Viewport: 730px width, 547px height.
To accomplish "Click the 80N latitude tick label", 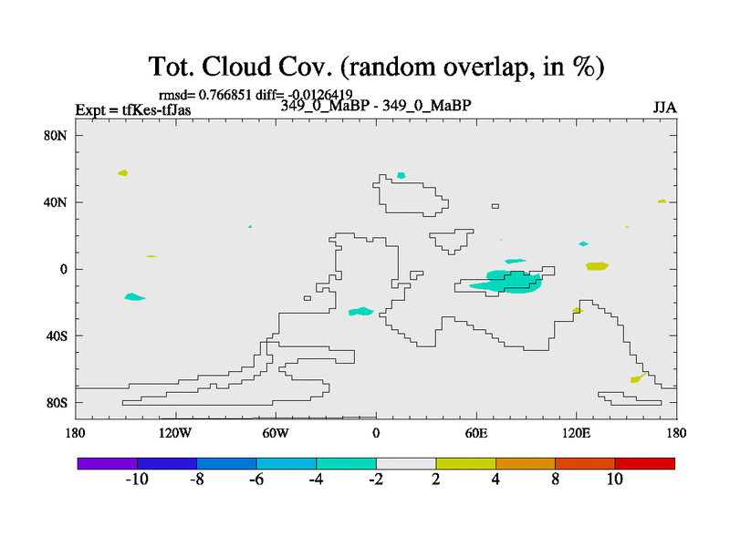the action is click(x=55, y=135).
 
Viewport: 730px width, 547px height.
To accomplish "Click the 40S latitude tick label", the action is click(x=57, y=335).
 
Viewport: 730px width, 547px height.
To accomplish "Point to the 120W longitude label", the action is click(x=174, y=434).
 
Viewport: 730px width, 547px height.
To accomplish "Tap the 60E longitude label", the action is click(x=475, y=434).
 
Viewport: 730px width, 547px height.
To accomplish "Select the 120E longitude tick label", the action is click(x=576, y=434).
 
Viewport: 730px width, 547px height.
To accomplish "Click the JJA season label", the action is click(x=664, y=108).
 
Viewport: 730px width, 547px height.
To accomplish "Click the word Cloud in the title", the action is click(x=236, y=66).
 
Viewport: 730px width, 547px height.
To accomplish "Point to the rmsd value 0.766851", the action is click(x=224, y=95).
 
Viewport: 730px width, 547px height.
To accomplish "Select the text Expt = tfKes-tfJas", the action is click(x=133, y=109).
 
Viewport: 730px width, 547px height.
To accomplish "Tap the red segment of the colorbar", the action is click(x=645, y=463).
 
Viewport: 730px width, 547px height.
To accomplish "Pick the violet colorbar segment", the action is click(x=108, y=463).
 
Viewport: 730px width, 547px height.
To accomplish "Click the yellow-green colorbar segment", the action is click(x=465, y=463).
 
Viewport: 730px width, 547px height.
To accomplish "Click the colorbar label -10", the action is click(x=137, y=480).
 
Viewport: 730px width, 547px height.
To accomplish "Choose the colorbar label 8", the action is click(x=556, y=480).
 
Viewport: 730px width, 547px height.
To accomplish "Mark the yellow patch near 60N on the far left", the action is click(x=123, y=173).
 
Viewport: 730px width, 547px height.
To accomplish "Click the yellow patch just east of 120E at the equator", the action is click(x=598, y=266).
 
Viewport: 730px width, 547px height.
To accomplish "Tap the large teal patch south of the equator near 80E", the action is click(x=506, y=282).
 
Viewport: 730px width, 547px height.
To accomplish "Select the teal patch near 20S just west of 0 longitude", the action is click(x=360, y=311).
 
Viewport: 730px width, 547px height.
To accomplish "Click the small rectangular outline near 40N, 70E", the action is click(x=495, y=206).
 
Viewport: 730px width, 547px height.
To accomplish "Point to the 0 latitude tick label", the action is click(x=63, y=269).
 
